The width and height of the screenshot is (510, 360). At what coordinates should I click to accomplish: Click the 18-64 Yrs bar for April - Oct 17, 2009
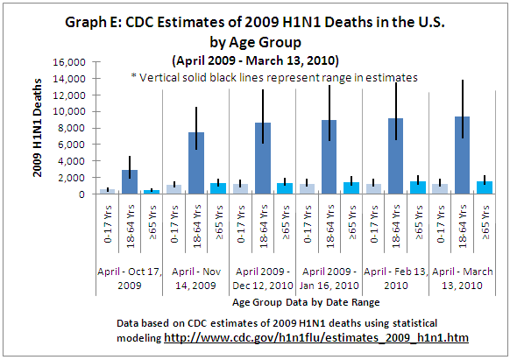coord(130,182)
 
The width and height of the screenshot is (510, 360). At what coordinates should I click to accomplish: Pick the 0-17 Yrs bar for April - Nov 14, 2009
coord(174,189)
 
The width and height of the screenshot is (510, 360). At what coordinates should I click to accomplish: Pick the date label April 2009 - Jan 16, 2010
coord(328,279)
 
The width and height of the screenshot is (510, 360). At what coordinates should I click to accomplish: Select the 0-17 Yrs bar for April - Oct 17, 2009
coord(107,191)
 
